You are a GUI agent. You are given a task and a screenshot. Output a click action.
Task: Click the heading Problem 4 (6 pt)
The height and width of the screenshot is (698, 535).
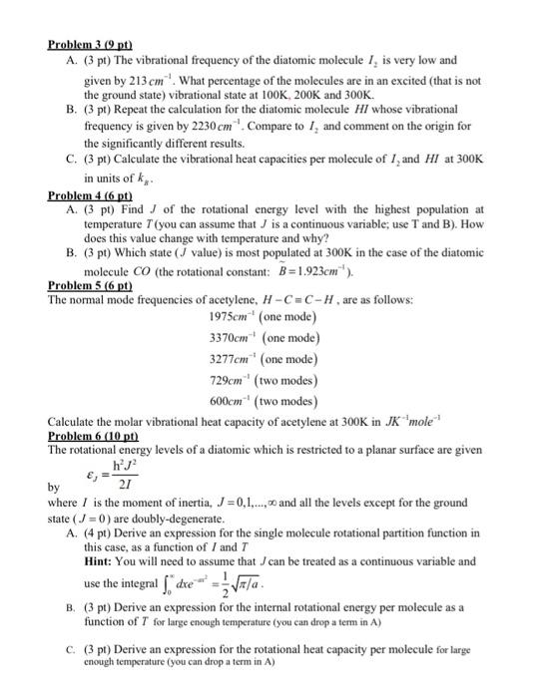90,196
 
